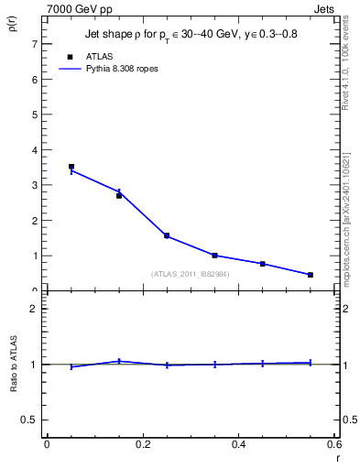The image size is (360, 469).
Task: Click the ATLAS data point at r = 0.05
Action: (71, 167)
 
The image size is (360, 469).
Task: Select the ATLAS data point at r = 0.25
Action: (167, 235)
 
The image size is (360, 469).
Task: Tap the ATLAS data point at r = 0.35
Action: (215, 256)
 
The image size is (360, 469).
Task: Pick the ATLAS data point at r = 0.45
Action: (263, 264)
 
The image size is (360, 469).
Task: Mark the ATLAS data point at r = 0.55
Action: (311, 275)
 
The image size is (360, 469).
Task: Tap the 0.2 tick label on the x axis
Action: (142, 444)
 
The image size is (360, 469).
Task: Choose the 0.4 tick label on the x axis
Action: (238, 444)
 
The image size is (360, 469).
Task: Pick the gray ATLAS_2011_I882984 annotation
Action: (191, 274)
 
